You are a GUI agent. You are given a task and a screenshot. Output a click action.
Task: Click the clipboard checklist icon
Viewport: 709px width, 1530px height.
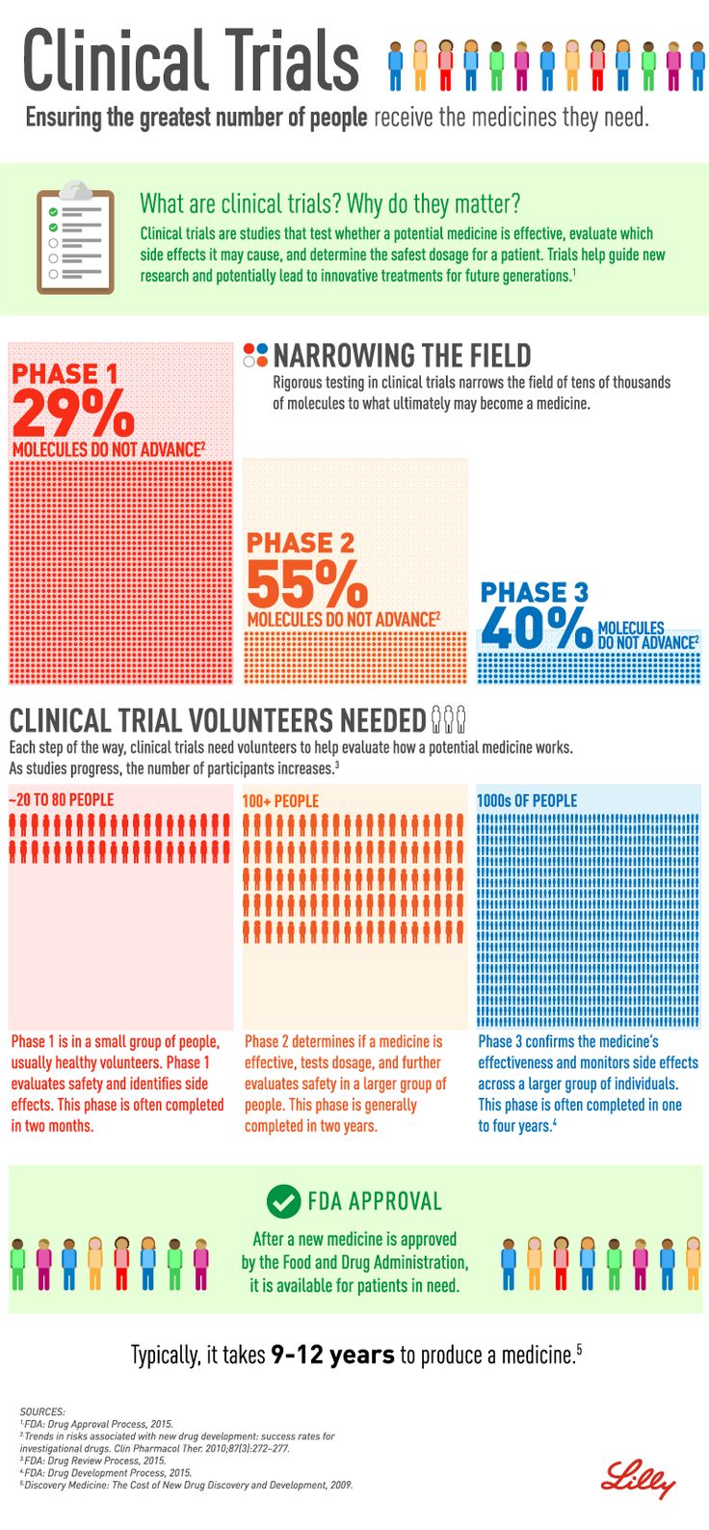click(75, 237)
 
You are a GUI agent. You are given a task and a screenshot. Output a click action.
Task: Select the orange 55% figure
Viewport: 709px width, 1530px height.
click(307, 583)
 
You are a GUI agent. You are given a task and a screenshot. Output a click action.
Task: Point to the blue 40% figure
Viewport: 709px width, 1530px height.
click(537, 629)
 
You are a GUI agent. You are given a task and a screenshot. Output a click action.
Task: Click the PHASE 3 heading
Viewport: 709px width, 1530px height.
click(535, 592)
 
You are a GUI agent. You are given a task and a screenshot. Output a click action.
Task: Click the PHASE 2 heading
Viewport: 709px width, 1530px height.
click(301, 543)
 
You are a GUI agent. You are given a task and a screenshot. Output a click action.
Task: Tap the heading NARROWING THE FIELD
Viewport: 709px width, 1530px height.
click(402, 356)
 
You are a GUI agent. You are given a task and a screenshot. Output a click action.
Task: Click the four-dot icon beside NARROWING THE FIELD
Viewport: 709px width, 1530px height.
click(255, 355)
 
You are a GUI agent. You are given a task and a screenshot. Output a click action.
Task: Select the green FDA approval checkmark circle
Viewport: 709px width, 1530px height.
click(283, 1201)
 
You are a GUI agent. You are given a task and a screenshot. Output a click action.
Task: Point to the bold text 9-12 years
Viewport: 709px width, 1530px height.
click(332, 1355)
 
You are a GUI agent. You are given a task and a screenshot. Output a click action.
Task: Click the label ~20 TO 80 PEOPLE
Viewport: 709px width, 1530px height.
click(62, 800)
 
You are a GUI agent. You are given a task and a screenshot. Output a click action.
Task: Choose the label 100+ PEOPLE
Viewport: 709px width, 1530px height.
click(280, 800)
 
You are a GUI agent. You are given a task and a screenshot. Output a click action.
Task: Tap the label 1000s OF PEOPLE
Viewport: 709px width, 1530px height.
click(527, 800)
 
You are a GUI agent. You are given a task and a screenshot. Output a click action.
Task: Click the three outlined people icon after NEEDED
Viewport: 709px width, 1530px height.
click(449, 719)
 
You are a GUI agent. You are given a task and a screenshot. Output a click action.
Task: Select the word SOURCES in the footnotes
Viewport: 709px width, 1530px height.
click(42, 1411)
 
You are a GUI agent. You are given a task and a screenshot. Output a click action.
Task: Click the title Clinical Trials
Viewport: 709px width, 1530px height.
click(191, 61)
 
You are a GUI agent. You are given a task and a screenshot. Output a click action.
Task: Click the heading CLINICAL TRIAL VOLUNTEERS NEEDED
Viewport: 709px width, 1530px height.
click(218, 720)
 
